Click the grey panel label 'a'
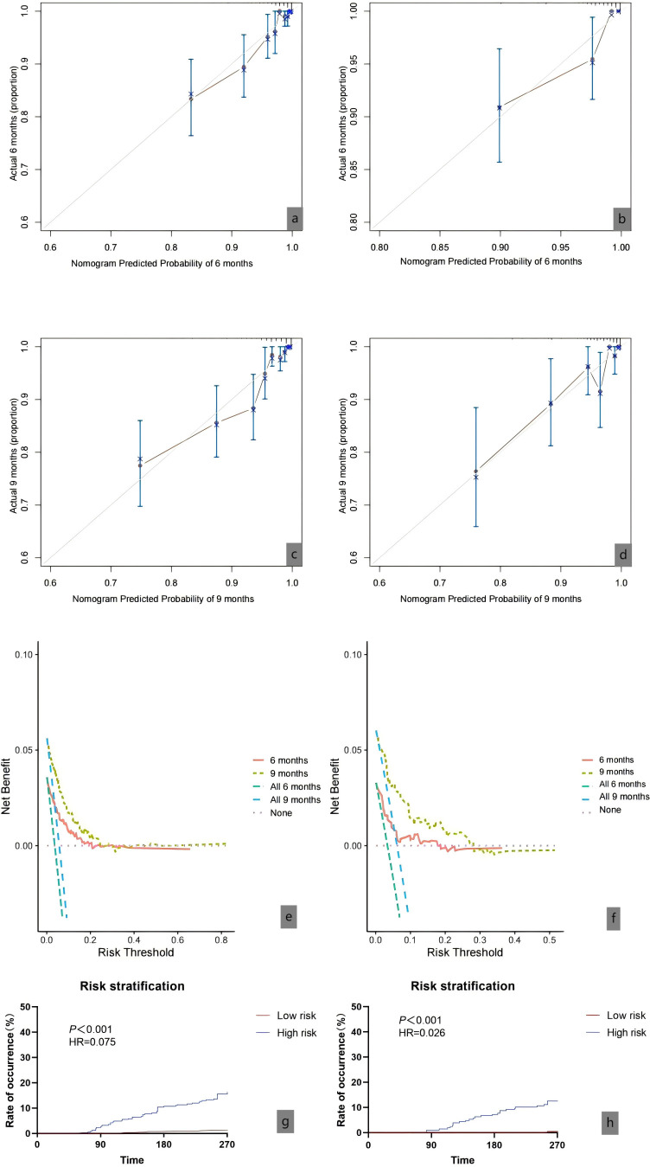pos(296,220)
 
